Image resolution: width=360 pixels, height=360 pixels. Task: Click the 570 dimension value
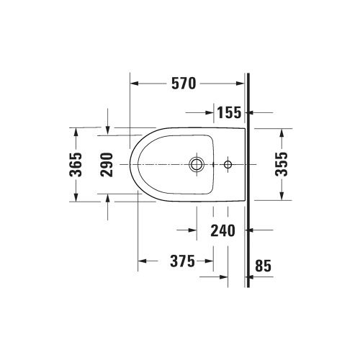tap(184, 84)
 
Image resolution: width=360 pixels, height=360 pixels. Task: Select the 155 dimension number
tap(230, 112)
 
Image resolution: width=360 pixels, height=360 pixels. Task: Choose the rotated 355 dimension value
tap(282, 164)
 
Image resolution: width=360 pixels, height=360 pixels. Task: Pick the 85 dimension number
tap(263, 266)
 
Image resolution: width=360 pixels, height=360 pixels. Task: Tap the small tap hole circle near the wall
tap(228, 165)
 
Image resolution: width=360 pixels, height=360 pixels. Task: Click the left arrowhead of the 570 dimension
tap(134, 84)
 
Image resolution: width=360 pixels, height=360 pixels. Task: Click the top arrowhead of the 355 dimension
tap(282, 132)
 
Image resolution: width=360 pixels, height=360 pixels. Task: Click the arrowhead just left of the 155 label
tap(211, 112)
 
